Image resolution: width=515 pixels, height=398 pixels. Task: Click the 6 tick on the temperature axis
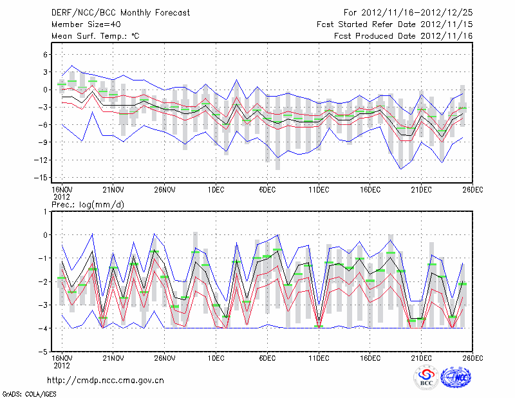tap(46, 55)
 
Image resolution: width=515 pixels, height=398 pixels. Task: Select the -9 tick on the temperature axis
tap(44, 142)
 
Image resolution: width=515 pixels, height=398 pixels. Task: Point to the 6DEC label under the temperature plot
tap(268, 190)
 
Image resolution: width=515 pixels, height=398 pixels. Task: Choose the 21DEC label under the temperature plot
tap(422, 190)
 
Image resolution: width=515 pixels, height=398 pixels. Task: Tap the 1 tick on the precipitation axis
tap(46, 211)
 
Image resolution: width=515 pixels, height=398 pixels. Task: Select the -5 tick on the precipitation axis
tap(44, 352)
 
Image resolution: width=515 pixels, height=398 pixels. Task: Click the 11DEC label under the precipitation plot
tap(319, 357)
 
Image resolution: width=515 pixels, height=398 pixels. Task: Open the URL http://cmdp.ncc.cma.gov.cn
tap(106, 381)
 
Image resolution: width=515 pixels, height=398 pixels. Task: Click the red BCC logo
tap(426, 378)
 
